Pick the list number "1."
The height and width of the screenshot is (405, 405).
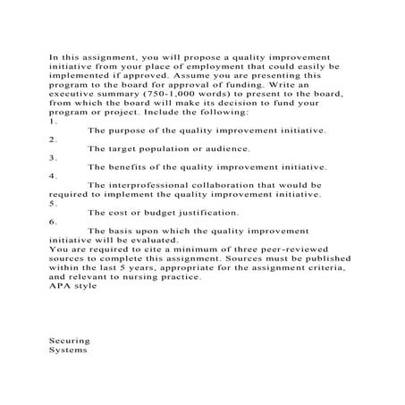53,120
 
